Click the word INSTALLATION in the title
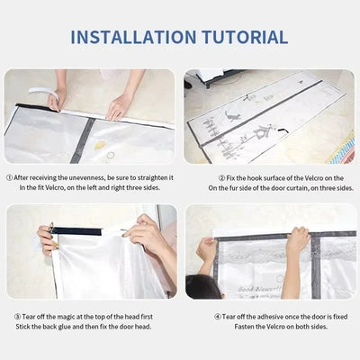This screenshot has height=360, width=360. [x=130, y=37]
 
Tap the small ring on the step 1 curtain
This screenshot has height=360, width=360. [x=110, y=155]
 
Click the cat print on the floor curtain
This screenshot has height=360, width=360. [x=237, y=117]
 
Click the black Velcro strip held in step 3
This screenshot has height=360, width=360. [x=90, y=231]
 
